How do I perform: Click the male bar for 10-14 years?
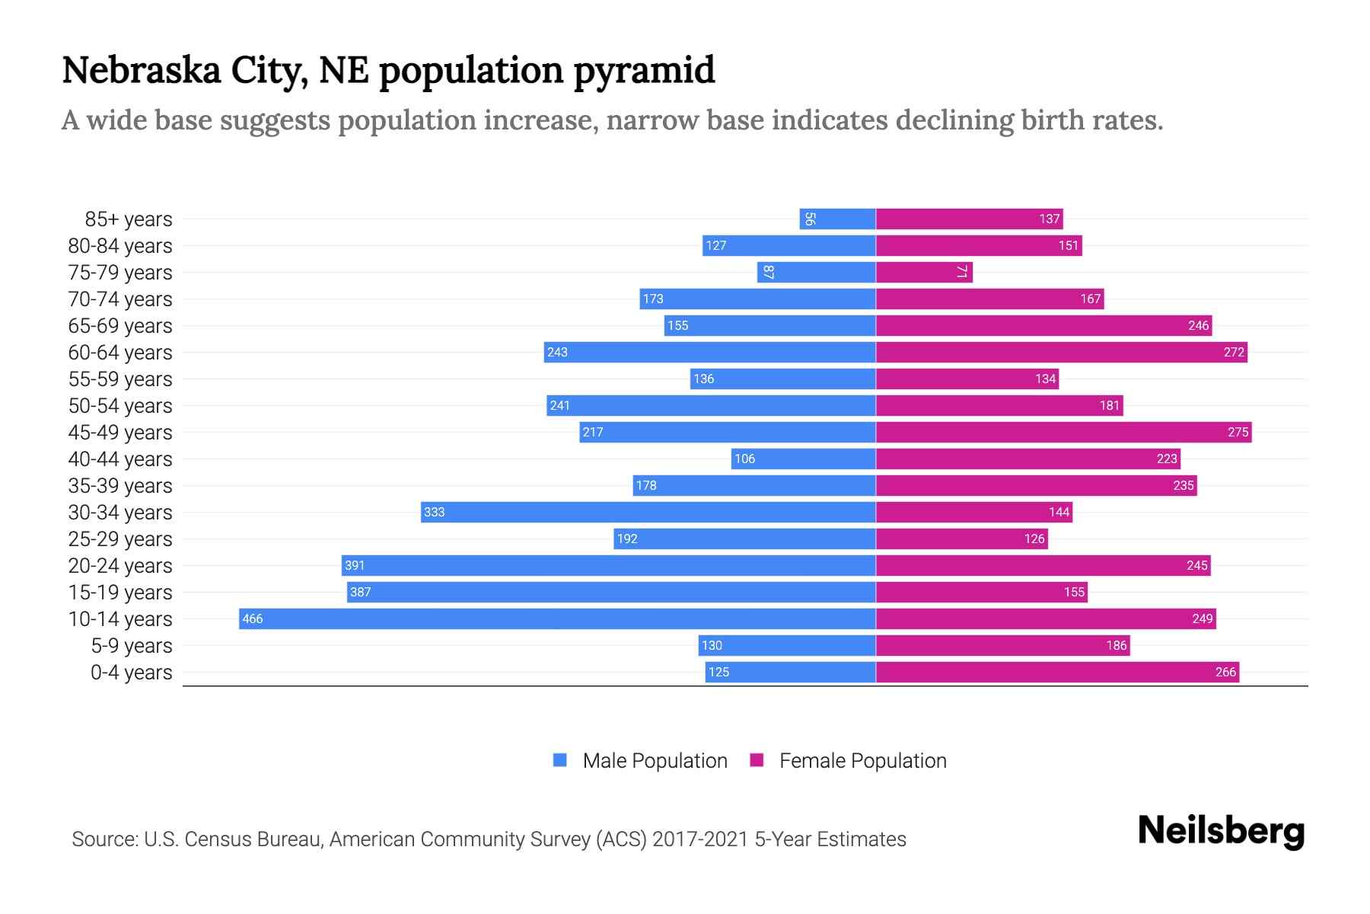click(x=557, y=618)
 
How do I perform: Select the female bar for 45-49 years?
click(x=1063, y=432)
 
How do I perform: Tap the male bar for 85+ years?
click(x=837, y=219)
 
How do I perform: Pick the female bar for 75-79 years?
click(x=924, y=272)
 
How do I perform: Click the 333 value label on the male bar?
click(x=434, y=512)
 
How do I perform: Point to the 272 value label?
click(x=1234, y=352)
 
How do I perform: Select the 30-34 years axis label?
click(x=120, y=512)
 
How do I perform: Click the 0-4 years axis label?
click(x=131, y=672)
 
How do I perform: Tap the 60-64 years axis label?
click(x=120, y=352)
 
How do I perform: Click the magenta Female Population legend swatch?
click(x=757, y=760)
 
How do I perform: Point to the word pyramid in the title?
click(x=644, y=70)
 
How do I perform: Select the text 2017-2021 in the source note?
click(x=700, y=839)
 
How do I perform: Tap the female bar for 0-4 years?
click(x=1057, y=672)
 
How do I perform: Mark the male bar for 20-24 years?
click(x=609, y=565)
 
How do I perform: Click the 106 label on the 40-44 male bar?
click(x=744, y=459)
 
